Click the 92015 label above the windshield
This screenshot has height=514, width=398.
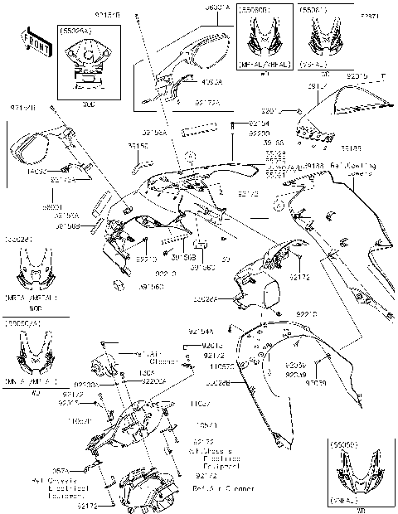pyautogui.click(x=358, y=76)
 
